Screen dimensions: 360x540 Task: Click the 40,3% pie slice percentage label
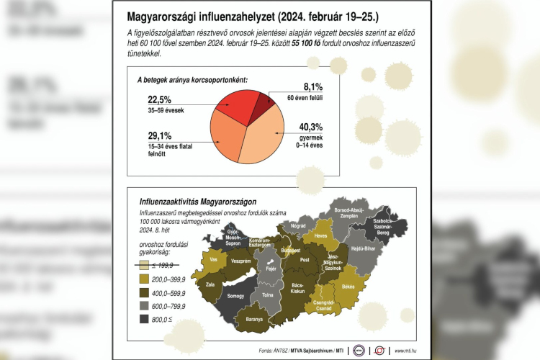point(311,127)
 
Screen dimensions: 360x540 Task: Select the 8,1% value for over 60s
point(302,87)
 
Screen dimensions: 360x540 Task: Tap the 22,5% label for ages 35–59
point(160,99)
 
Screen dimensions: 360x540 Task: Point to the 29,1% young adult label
point(160,135)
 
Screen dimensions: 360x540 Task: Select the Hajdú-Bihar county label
point(366,249)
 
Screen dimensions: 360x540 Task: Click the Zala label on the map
point(210,284)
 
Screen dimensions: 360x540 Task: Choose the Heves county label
point(322,236)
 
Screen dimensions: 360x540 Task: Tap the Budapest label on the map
point(291,250)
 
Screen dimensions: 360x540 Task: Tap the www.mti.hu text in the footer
point(408,351)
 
